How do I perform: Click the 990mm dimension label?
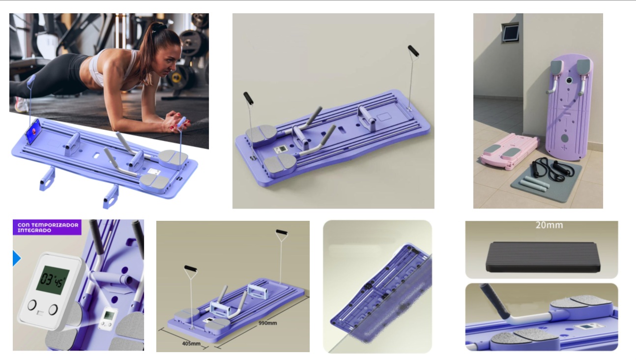click(x=267, y=323)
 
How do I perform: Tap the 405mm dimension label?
click(x=191, y=343)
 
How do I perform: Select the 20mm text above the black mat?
click(x=549, y=225)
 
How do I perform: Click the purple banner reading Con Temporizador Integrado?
click(x=47, y=227)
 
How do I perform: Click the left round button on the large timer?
click(x=32, y=305)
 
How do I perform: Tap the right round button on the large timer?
click(x=53, y=309)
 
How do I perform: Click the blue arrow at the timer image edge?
click(x=17, y=258)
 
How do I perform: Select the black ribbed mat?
click(x=543, y=257)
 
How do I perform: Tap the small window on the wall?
click(x=510, y=32)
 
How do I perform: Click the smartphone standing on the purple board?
click(x=34, y=131)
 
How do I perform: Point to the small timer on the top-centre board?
click(x=280, y=149)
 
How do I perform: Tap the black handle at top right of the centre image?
click(x=413, y=51)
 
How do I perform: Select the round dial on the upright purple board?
click(x=569, y=81)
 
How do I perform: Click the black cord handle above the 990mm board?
click(x=282, y=232)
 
